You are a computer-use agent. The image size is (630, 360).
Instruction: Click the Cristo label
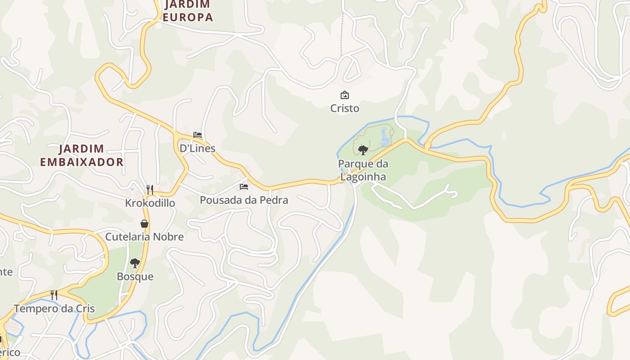345,108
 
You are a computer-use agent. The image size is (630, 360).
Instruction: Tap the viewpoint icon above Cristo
345,95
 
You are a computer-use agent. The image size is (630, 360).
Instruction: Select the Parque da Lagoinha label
363,170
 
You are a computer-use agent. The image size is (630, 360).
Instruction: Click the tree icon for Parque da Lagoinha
363,150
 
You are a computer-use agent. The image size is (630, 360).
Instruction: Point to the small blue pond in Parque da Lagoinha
385,137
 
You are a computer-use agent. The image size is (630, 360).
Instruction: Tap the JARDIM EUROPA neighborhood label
187,11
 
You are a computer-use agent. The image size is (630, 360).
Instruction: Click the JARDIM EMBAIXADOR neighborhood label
81,155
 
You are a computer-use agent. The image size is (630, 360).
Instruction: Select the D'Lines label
197,148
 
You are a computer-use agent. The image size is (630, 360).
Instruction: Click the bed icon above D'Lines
197,135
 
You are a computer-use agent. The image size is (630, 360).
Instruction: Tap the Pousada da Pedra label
243,200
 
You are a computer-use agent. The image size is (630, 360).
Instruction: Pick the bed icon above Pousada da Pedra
243,186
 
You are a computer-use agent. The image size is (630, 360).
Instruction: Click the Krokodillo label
150,203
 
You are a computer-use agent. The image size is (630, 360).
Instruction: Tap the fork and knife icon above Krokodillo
150,189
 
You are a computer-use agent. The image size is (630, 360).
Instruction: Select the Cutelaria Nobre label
144,237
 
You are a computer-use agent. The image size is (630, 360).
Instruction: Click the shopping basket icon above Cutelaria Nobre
144,224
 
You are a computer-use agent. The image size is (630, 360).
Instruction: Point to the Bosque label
135,276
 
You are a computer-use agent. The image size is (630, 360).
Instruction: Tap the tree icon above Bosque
135,263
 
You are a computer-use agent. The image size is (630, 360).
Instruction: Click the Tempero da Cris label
54,309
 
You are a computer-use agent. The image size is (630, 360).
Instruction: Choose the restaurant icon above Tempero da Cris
54,295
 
